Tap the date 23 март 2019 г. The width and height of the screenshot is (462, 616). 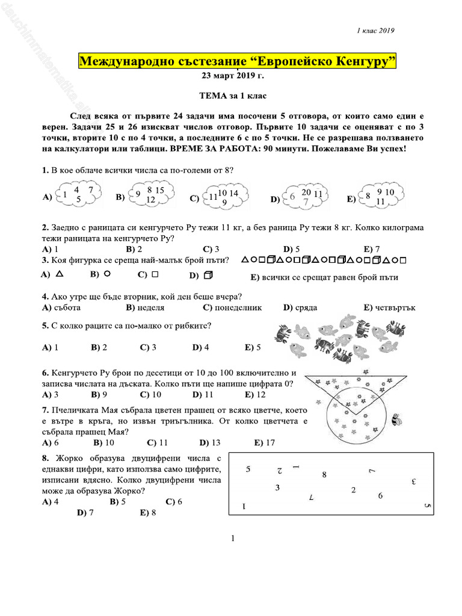(x=231, y=76)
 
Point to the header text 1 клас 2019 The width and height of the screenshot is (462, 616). (x=375, y=31)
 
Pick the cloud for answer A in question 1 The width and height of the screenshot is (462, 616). (x=78, y=194)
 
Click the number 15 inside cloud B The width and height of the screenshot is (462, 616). (x=160, y=191)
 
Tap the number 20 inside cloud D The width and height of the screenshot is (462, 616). (x=306, y=192)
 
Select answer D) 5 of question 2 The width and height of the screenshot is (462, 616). (x=291, y=249)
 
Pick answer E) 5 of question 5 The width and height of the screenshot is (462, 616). (x=253, y=348)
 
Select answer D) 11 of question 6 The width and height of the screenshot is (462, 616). (x=203, y=395)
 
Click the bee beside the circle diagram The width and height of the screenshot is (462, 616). (x=396, y=419)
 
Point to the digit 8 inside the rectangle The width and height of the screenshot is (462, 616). (x=324, y=475)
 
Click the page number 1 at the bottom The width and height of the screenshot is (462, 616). (x=232, y=538)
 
